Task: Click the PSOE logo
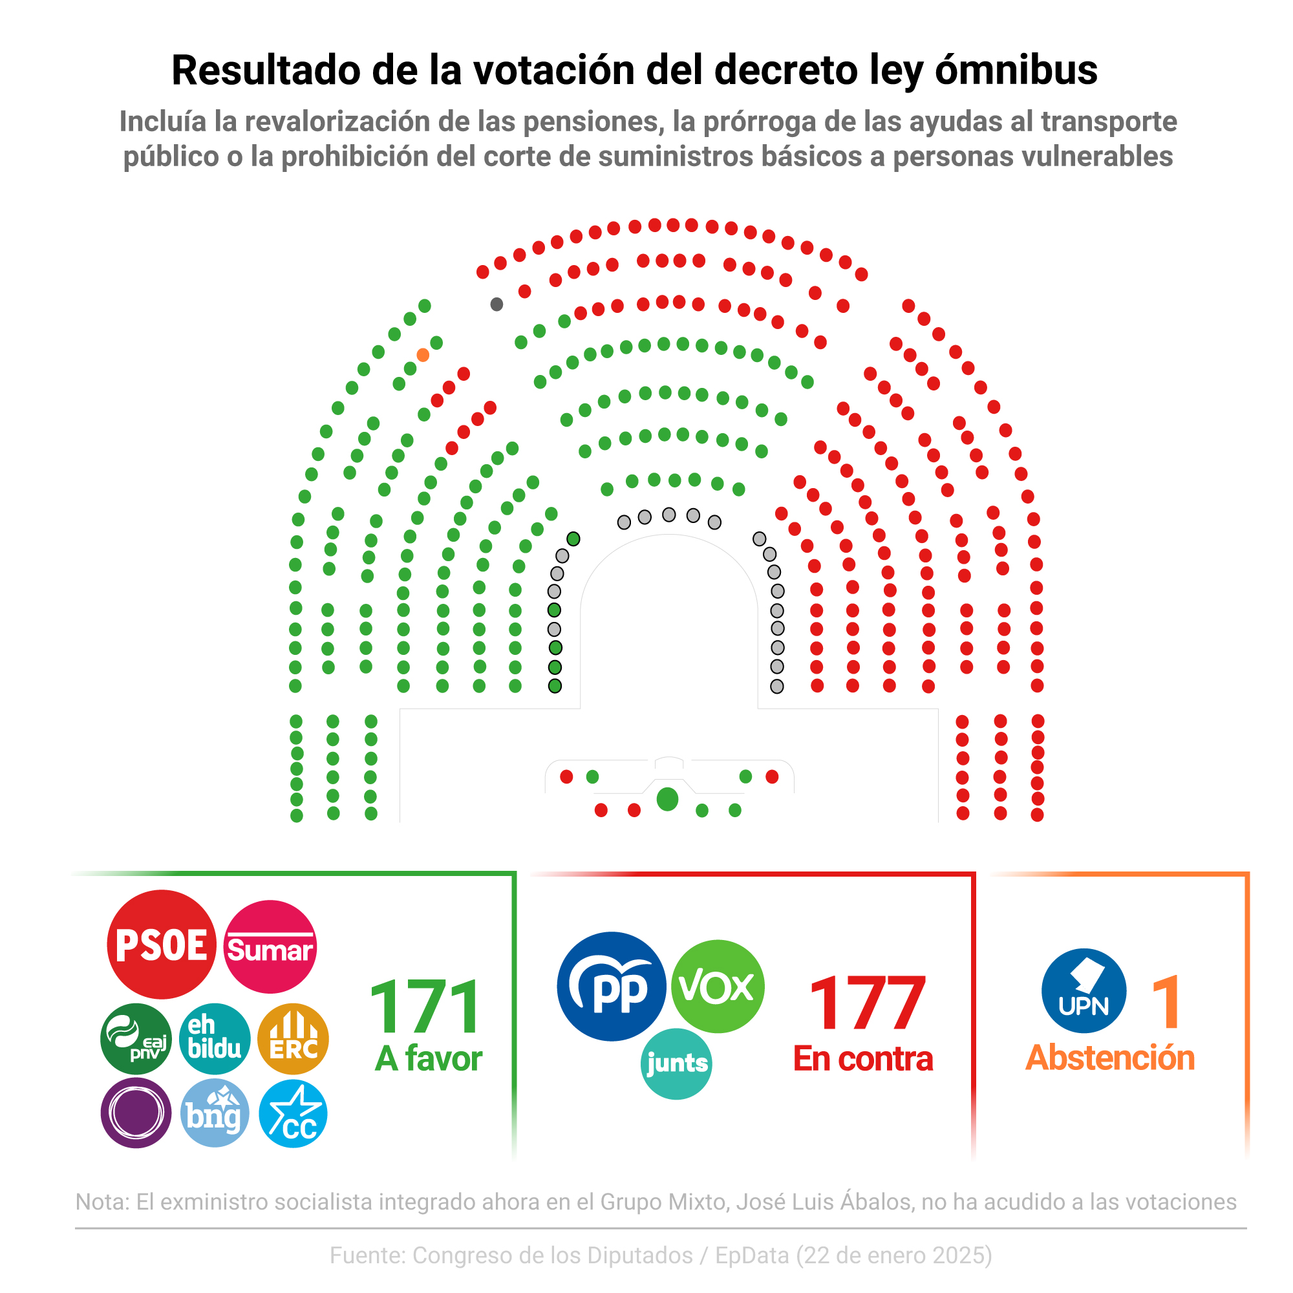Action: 161,945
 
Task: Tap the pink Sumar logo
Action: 270,946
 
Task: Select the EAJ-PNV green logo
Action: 136,1039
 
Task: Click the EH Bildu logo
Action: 214,1039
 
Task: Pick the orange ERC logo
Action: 293,1039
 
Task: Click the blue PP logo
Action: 611,986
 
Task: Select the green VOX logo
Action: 717,986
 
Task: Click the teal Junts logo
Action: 676,1063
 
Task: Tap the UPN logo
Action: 1084,990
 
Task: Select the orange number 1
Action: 1166,1003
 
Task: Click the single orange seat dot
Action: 423,355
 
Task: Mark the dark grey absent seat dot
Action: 497,305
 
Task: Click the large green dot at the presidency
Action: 667,799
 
